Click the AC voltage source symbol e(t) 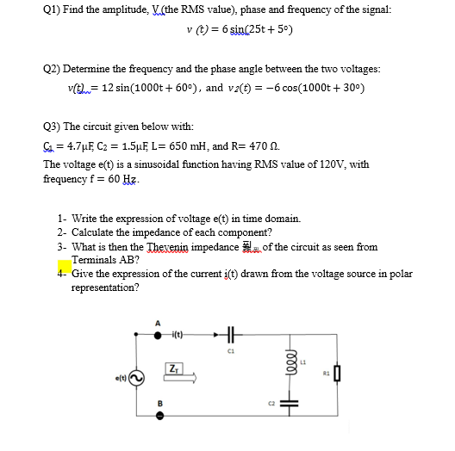[135, 377]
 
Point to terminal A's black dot [157, 336]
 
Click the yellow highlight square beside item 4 [64, 268]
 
